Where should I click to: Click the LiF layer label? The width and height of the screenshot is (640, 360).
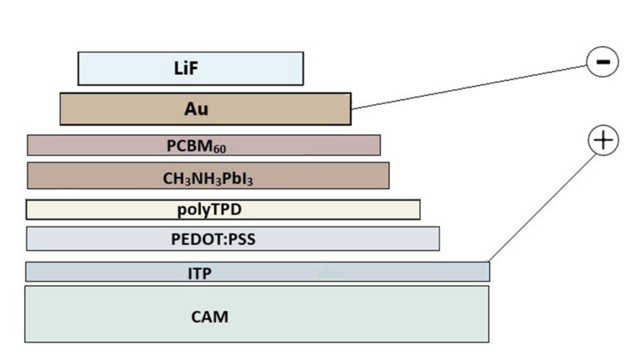(191, 68)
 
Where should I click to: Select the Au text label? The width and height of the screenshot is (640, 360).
(196, 109)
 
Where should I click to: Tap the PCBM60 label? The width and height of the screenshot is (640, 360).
(196, 146)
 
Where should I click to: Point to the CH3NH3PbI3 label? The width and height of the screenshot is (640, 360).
(207, 177)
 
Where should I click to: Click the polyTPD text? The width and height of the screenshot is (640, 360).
(209, 209)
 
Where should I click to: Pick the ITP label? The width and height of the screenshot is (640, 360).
(199, 272)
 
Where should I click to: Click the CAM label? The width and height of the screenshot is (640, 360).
(209, 317)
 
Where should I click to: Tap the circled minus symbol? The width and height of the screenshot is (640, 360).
(602, 62)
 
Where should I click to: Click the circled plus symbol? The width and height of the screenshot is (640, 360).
(603, 140)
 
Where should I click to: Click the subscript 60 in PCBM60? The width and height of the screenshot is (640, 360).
(218, 149)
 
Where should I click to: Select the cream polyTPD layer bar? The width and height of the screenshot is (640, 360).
(333, 209)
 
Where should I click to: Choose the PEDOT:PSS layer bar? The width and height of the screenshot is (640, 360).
(350, 239)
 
